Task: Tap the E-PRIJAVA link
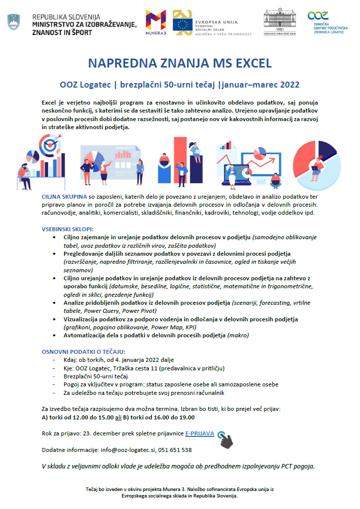(200, 433)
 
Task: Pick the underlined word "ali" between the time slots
(118, 417)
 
